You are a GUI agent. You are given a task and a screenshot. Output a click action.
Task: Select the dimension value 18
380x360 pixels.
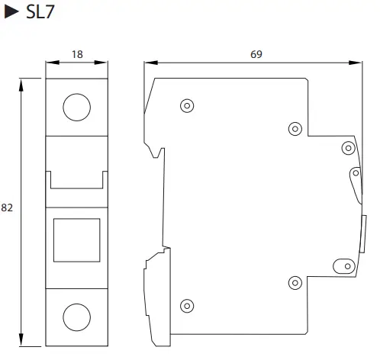tap(76, 55)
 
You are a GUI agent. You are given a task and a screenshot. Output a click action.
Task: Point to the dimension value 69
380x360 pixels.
tap(254, 55)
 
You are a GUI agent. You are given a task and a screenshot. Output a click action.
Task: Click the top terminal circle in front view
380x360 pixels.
tap(76, 107)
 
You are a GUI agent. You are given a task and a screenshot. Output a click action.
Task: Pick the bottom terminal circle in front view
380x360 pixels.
tap(76, 315)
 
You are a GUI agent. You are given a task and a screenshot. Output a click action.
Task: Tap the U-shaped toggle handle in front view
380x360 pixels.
tap(76, 179)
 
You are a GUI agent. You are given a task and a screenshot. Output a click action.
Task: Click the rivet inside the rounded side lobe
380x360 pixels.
tap(355, 175)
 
